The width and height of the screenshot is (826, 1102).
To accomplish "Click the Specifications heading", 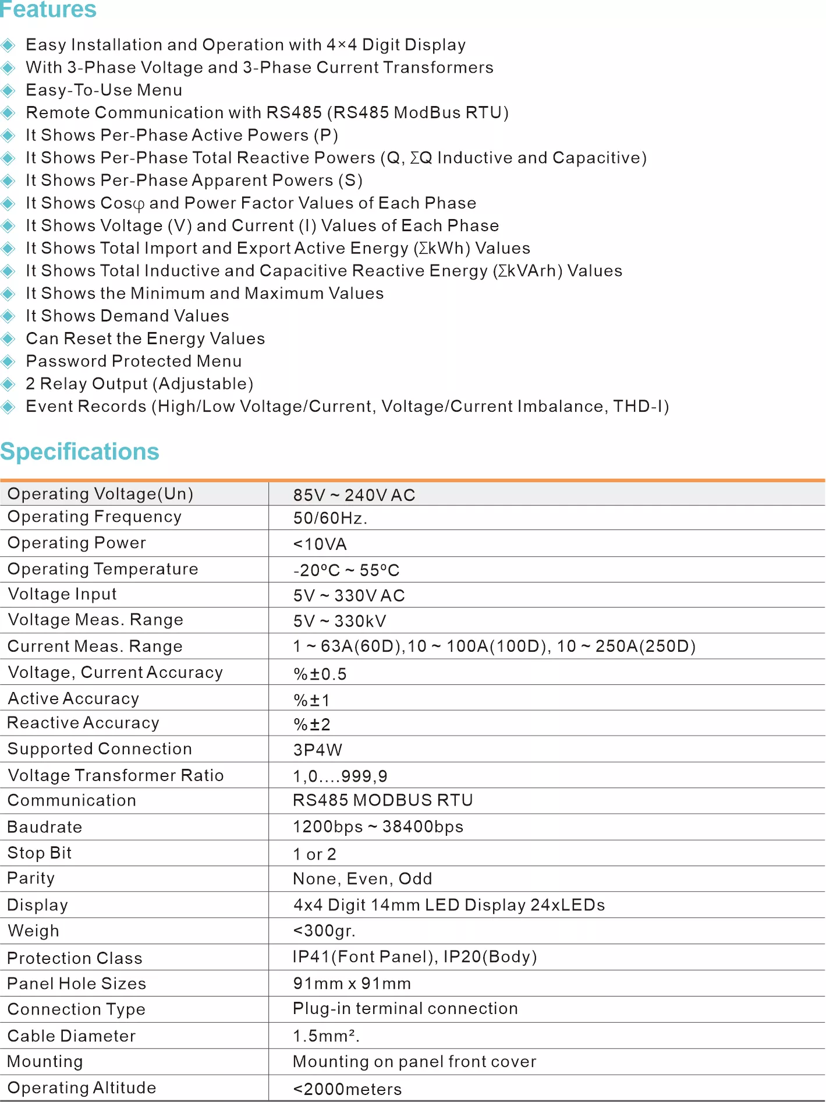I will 80,452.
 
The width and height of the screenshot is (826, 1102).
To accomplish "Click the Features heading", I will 48,9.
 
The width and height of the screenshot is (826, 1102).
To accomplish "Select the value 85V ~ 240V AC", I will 354,495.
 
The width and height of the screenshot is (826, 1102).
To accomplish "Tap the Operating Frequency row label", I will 94,517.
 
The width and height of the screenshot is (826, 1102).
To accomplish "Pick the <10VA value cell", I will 320,544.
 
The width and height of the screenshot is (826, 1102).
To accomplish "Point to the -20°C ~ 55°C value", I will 346,570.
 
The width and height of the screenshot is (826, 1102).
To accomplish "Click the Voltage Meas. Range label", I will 95,620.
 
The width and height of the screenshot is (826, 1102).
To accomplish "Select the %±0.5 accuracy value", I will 320,674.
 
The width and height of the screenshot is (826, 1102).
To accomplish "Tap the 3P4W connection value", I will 318,750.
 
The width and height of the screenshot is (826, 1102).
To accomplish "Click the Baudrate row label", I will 45,827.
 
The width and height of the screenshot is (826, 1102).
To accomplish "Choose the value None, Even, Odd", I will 362,878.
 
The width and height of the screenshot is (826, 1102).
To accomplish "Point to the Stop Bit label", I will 40,853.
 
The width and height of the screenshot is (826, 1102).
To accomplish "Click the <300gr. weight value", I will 324,930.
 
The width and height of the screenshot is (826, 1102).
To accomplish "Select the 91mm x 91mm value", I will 352,983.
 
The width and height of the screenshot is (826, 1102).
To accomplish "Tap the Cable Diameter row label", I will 72,1036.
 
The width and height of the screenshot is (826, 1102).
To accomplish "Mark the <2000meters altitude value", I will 347,1089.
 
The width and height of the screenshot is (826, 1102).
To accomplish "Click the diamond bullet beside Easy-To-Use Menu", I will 8,90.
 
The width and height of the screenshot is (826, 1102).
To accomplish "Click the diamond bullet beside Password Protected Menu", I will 8,361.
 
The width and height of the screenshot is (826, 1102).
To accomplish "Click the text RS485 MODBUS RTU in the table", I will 382,800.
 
